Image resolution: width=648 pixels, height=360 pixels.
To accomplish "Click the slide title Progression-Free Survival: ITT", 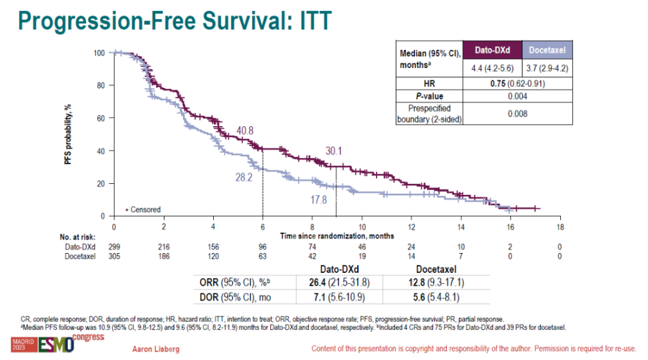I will pos(175,20).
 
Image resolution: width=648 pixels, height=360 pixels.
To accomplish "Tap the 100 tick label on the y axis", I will pos(99,53).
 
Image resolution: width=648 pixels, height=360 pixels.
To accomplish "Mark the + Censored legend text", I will pos(143,209).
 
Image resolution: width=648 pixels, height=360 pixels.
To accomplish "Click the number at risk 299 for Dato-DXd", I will pos(114,247).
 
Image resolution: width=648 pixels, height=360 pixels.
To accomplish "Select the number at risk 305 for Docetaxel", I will pos(114,256).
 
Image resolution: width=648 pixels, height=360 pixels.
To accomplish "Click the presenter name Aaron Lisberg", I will pos(156,349).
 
